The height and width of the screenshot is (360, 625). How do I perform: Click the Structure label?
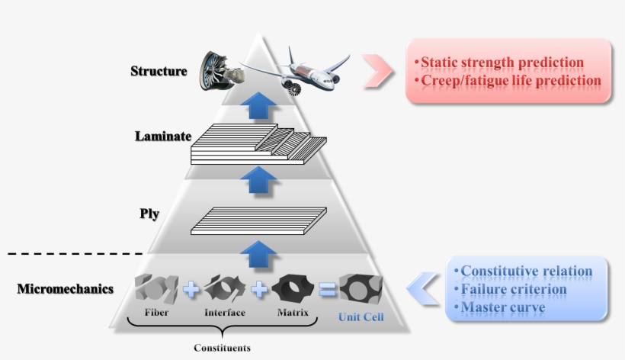coord(158,71)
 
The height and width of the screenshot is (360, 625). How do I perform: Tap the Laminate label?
coord(162,137)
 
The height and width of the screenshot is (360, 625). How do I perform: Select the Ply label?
coord(149,214)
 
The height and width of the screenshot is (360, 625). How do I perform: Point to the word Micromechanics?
coord(65,289)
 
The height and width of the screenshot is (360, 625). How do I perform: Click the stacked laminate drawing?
coord(258,146)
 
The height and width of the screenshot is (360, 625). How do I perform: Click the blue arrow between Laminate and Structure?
coord(261,105)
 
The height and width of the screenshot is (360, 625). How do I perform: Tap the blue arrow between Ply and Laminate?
coord(261,181)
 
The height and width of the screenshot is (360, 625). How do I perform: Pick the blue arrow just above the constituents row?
coord(261,252)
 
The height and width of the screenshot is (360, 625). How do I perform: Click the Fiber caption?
coord(156,313)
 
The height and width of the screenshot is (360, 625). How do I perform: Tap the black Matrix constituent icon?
coord(293,288)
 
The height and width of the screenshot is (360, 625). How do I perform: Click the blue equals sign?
coord(327,289)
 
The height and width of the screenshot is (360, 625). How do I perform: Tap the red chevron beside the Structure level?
coord(377,71)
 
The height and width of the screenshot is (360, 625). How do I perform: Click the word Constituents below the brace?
coord(221,348)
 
